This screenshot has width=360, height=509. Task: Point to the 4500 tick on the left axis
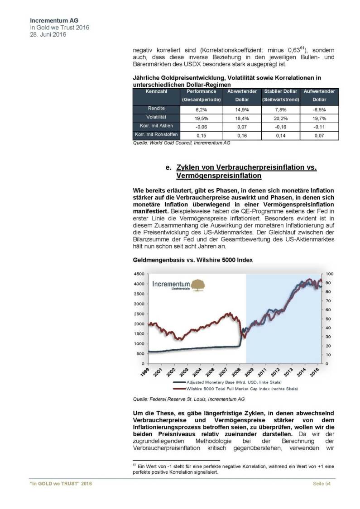pyautogui.click(x=139, y=274)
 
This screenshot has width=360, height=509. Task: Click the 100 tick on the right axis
pyautogui.click(x=329, y=274)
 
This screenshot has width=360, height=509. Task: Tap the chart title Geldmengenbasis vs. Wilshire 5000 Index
pyautogui.click(x=192, y=261)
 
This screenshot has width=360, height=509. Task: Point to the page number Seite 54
pyautogui.click(x=322, y=485)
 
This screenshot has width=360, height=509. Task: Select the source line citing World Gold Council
pyautogui.click(x=182, y=143)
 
